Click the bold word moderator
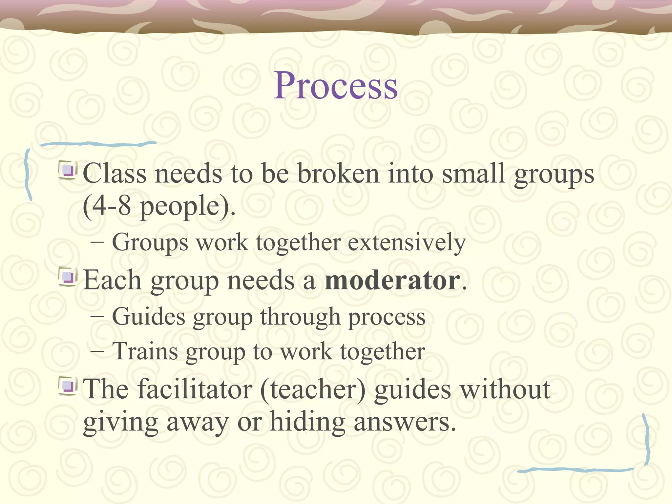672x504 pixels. pyautogui.click(x=392, y=281)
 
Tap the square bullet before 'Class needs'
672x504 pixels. pyautogui.click(x=68, y=171)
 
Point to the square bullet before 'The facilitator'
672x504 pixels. pyautogui.click(x=68, y=386)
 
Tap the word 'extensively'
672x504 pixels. pyautogui.click(x=407, y=243)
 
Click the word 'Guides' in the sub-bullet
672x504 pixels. pyautogui.click(x=149, y=317)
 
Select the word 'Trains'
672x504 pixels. pyautogui.click(x=145, y=352)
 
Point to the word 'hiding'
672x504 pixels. pyautogui.click(x=307, y=422)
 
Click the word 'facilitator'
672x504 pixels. pyautogui.click(x=195, y=389)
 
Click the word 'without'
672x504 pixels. pyautogui.click(x=505, y=389)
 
